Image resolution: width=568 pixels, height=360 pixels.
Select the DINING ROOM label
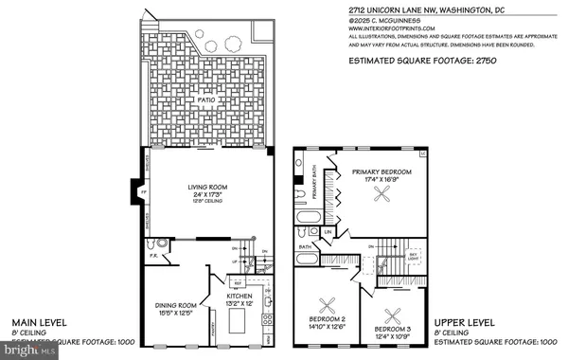[176, 306]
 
